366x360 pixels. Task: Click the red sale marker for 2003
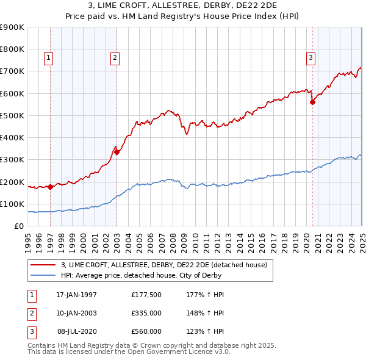pos(117,153)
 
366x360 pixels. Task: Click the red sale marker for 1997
pos(50,187)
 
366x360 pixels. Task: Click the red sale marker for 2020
pos(312,103)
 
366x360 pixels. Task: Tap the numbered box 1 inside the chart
pos(48,59)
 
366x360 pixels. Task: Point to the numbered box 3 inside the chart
pos(310,59)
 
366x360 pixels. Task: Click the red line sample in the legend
pos(43,265)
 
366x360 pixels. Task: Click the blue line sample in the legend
pos(43,275)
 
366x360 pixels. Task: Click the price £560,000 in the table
pos(146,331)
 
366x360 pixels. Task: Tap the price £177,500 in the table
pos(146,295)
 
